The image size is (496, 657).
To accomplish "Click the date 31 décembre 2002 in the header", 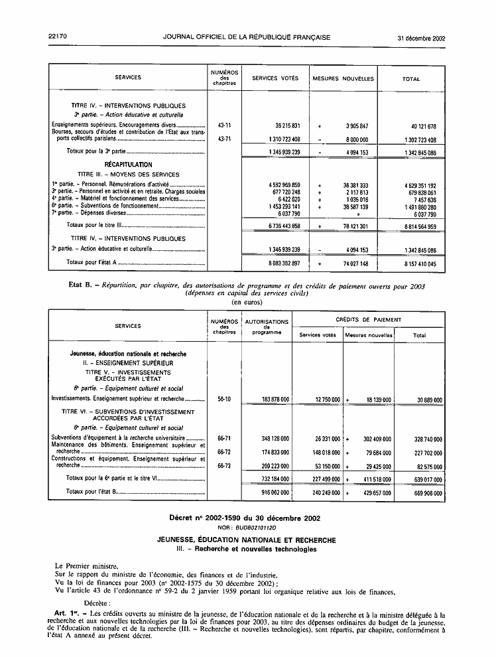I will (421, 38).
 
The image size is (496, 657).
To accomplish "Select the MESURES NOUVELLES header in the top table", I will (343, 78).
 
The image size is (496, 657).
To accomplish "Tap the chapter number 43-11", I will (224, 125).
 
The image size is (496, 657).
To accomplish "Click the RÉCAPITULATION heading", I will (128, 165).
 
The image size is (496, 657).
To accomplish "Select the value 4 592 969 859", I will (279, 184).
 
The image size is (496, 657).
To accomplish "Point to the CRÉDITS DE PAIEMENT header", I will (368, 320).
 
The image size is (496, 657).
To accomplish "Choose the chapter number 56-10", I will (224, 400).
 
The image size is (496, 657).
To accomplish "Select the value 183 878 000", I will (267, 400).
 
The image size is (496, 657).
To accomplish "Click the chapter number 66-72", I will (224, 452).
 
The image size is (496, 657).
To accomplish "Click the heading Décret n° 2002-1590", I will (247, 516).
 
